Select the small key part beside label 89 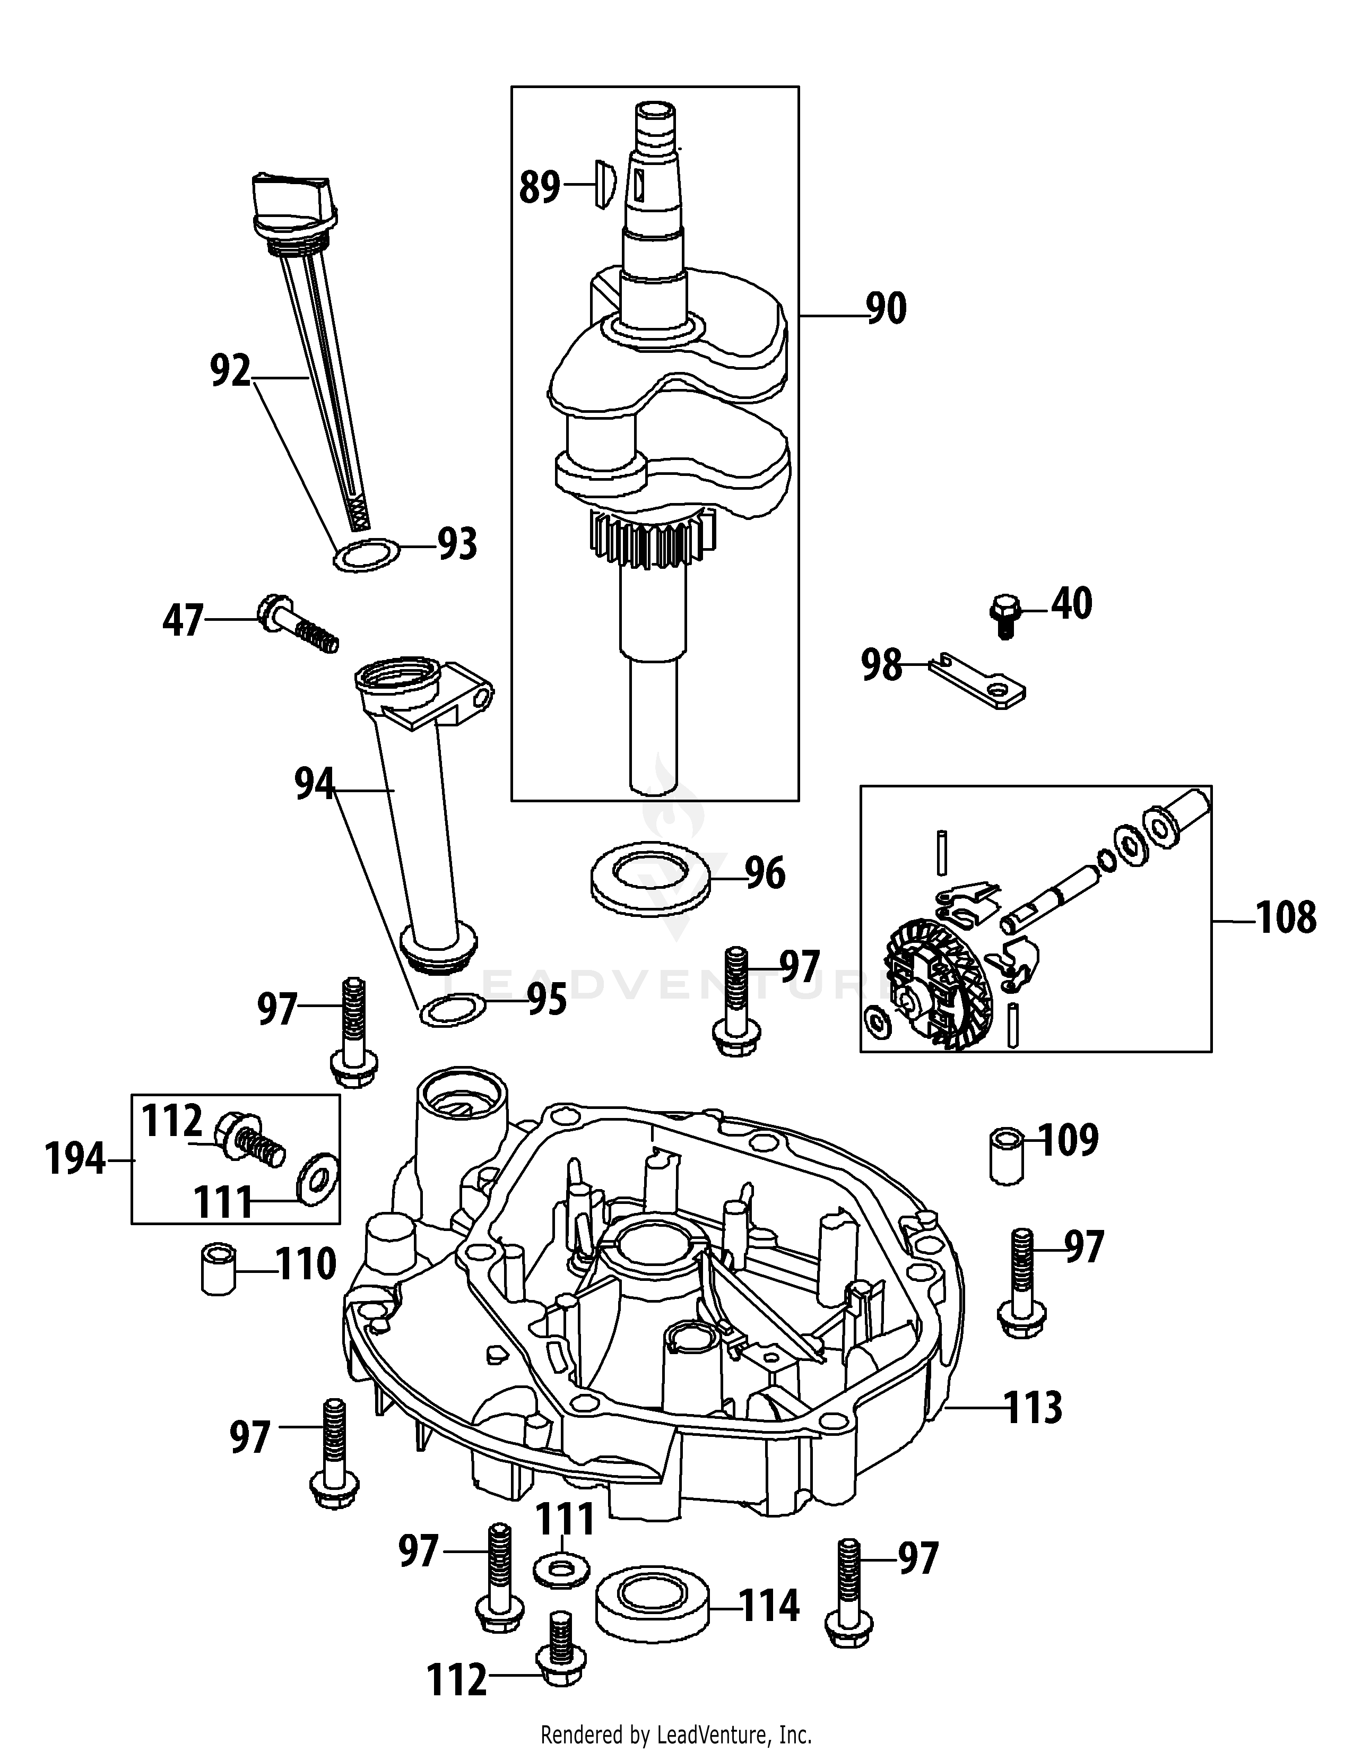(603, 185)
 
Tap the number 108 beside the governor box (1286, 919)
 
